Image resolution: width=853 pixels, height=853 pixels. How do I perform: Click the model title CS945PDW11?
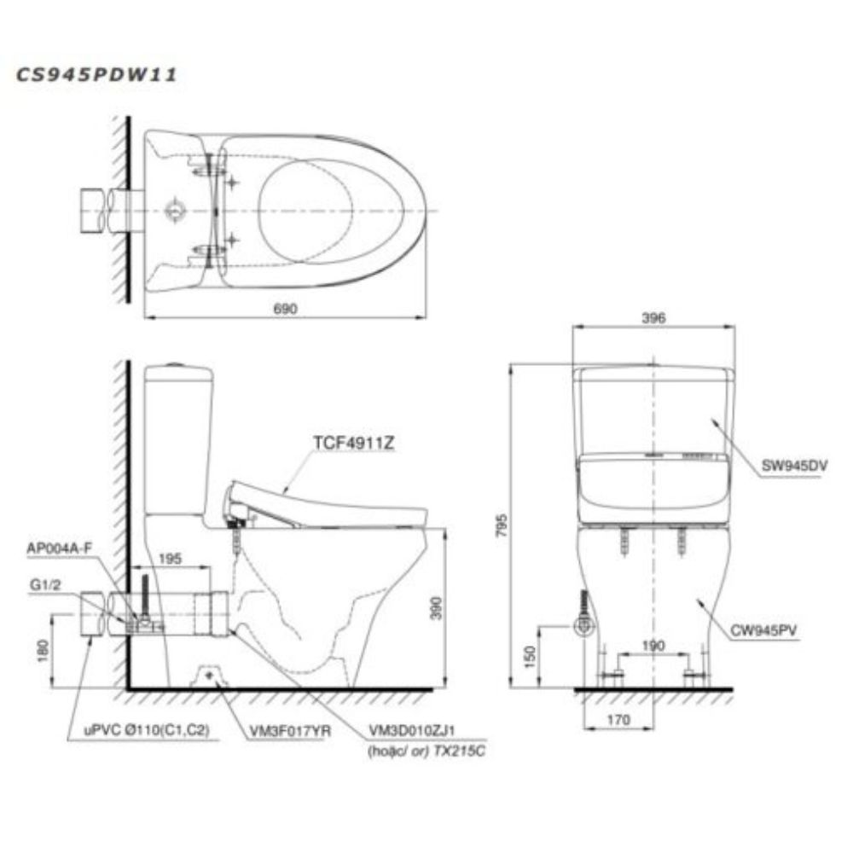pos(97,74)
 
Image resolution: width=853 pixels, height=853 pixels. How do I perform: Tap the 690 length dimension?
pos(285,309)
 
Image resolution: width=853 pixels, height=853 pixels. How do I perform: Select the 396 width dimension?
pos(653,317)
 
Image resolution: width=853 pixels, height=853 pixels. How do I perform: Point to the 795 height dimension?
pos(502,525)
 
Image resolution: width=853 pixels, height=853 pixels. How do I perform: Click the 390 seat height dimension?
pos(436,607)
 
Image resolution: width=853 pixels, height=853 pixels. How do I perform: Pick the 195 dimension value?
pos(171,559)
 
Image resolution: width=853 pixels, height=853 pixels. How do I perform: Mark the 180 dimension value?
pos(43,651)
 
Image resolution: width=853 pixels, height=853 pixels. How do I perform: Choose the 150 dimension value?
pos(531,657)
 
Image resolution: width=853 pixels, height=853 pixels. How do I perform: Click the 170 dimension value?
pos(618,720)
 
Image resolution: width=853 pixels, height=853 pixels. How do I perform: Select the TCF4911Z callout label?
pos(354,444)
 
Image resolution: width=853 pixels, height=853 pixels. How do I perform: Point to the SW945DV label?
pos(794,465)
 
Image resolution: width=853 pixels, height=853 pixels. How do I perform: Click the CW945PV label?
pos(763,630)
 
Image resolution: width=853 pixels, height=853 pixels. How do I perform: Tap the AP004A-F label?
pos(60,548)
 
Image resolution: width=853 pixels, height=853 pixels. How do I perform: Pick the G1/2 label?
pos(46,585)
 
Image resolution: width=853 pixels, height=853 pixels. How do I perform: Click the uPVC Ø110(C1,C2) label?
pos(147,731)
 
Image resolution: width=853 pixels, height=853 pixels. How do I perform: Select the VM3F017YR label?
pos(290,732)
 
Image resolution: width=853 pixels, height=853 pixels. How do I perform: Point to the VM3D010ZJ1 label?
pos(412,731)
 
